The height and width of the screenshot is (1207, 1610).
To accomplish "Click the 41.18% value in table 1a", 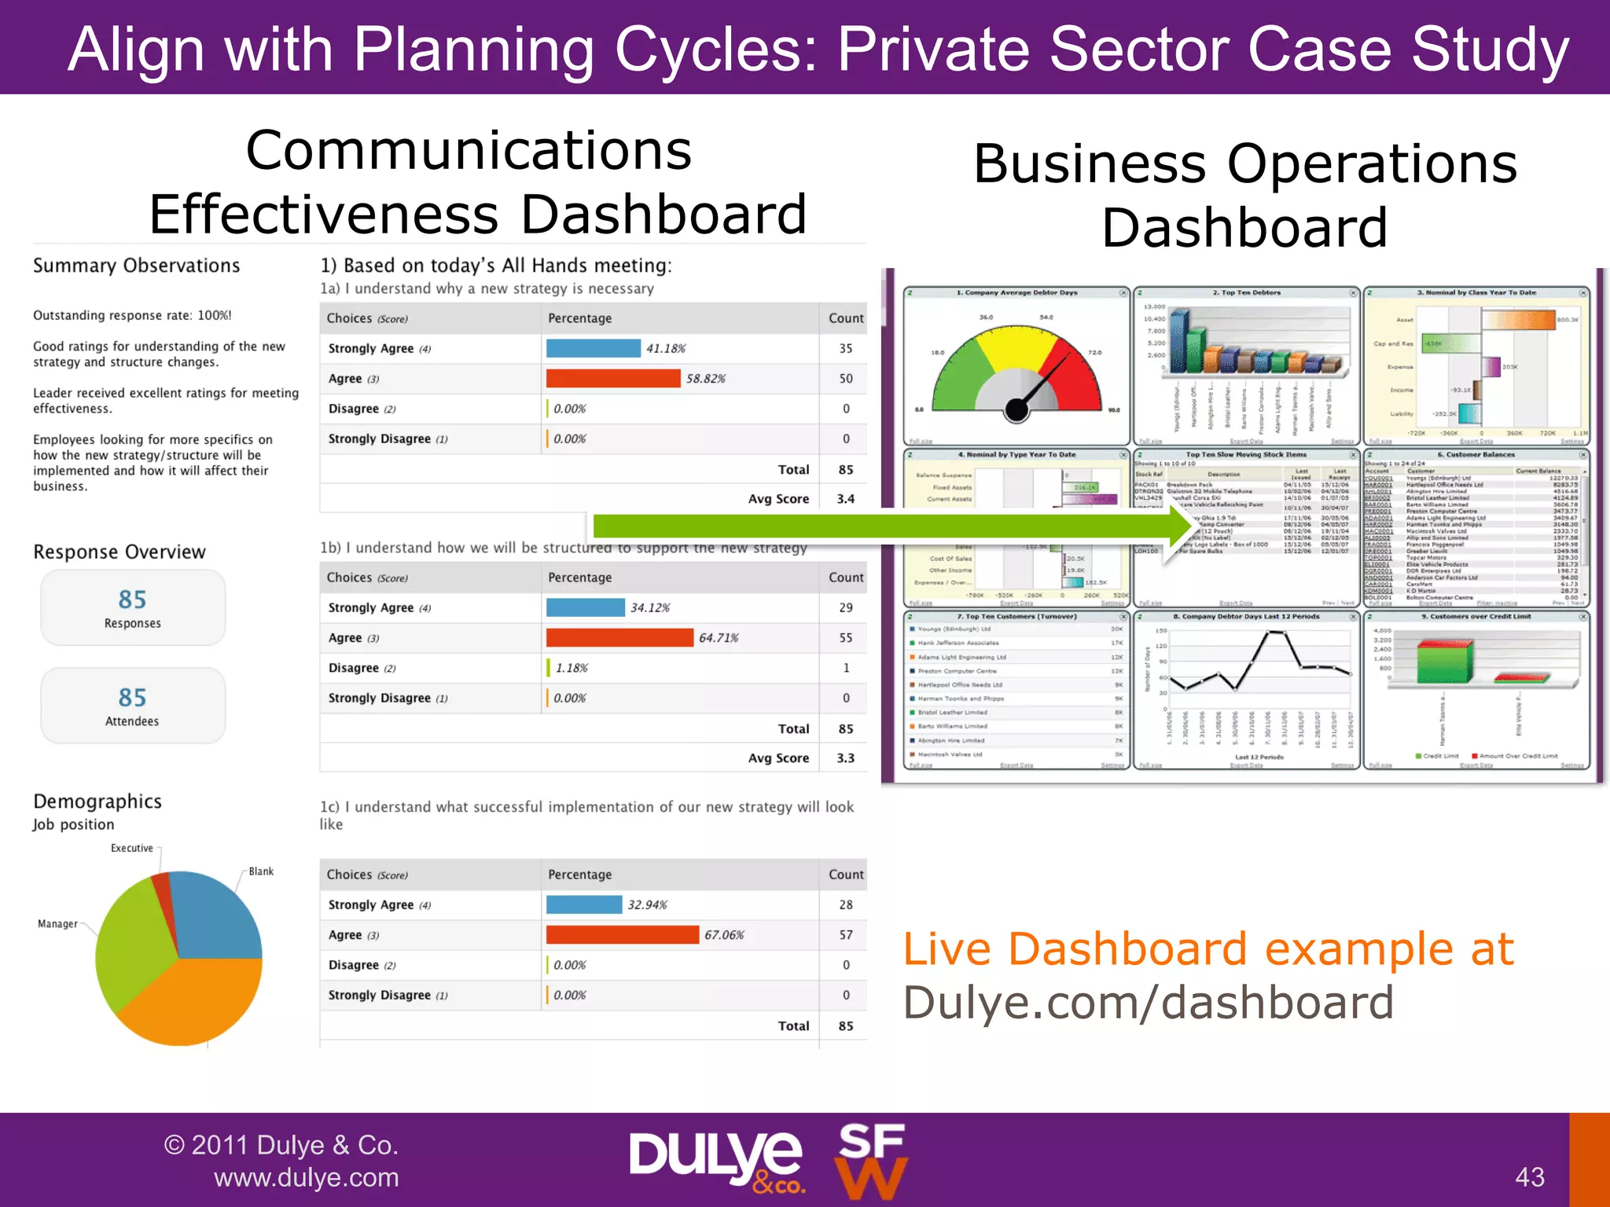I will coord(666,349).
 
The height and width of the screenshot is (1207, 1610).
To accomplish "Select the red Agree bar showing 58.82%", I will coord(613,379).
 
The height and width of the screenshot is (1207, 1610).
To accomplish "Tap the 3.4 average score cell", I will coord(845,499).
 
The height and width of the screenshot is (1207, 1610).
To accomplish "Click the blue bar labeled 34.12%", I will coord(586,607).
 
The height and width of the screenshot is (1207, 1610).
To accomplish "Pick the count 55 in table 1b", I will coord(845,638).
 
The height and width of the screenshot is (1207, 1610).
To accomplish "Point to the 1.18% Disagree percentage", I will coord(572,668).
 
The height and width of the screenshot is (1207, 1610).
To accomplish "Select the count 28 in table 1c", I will coord(845,905).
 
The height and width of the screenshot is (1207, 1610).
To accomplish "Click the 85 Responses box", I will coord(133,608).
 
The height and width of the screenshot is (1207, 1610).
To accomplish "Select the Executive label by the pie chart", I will coord(132,849).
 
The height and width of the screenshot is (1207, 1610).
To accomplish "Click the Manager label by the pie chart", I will coord(57,924).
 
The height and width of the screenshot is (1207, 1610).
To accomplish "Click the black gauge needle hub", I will coord(1017,409).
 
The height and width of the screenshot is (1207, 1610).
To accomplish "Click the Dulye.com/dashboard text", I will coord(1148,1003).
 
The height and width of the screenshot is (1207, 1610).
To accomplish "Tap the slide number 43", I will coord(1529,1177).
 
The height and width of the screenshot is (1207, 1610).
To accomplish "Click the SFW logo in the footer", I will coord(871,1161).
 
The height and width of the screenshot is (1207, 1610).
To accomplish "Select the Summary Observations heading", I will coord(136,266).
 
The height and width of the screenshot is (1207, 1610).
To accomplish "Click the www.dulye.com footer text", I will coord(306,1178).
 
